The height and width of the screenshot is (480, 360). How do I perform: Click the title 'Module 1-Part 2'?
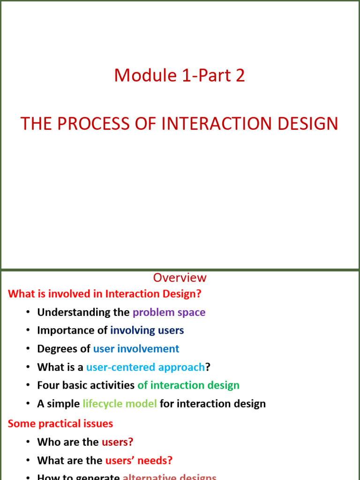click(x=180, y=75)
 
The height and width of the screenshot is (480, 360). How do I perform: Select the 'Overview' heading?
click(x=180, y=277)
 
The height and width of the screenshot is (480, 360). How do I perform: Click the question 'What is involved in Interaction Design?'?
click(x=105, y=294)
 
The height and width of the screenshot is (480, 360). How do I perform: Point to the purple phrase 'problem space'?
click(x=169, y=312)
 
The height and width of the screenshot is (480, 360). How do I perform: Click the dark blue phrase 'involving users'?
click(x=147, y=330)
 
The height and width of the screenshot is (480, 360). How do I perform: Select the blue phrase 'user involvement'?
click(x=136, y=349)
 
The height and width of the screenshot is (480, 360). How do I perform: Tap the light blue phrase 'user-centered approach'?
click(x=145, y=367)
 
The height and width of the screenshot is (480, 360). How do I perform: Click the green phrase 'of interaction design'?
click(x=188, y=385)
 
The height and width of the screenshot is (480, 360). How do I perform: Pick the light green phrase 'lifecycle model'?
click(x=120, y=404)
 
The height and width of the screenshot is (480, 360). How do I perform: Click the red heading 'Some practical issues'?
click(x=60, y=424)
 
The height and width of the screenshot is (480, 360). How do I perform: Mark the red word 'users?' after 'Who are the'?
click(x=117, y=442)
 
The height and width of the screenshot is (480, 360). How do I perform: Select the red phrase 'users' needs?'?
click(x=139, y=460)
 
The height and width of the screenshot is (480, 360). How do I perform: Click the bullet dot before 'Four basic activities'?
click(x=28, y=386)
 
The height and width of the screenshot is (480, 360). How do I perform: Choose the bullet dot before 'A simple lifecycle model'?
click(x=28, y=404)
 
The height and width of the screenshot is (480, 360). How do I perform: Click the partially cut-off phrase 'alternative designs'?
click(x=169, y=477)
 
